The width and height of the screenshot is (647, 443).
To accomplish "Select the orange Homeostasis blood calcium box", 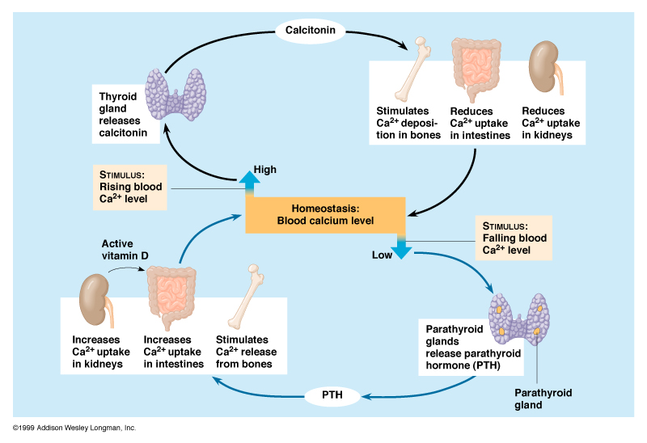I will [324, 214].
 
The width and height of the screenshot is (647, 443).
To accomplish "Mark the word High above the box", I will [265, 170].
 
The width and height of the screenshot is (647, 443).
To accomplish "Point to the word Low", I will [382, 255].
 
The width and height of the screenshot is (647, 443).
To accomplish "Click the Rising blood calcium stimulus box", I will [130, 188].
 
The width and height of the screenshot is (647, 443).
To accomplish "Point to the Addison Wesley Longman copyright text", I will [74, 427].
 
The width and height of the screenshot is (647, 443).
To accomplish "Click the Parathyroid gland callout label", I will [543, 399].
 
